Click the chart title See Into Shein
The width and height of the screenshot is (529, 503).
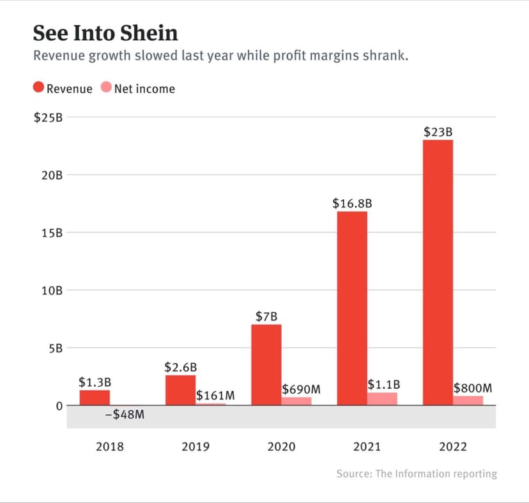(105, 33)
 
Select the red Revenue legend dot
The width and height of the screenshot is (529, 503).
(38, 88)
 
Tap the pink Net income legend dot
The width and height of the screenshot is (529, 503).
(106, 88)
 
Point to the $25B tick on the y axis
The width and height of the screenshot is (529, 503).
(49, 117)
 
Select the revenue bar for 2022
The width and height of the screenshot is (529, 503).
(438, 272)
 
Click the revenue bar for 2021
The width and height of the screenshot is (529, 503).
(352, 308)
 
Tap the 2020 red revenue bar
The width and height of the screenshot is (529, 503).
(266, 364)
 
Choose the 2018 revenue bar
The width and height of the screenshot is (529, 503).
(95, 398)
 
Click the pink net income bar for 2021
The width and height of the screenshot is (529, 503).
(382, 399)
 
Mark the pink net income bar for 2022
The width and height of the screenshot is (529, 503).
(468, 400)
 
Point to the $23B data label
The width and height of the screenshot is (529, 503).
(438, 132)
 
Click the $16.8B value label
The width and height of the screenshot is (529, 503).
(352, 204)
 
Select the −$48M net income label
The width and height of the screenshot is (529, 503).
(124, 415)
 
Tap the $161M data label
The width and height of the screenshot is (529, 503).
(215, 396)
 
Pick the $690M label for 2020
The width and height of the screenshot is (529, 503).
(301, 389)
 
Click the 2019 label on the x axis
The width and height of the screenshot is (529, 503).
(195, 446)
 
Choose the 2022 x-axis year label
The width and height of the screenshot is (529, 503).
(453, 446)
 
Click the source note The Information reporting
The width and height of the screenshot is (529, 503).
(417, 474)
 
